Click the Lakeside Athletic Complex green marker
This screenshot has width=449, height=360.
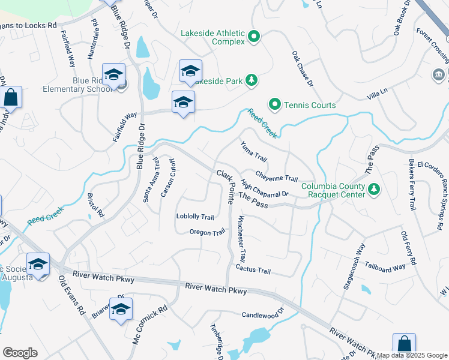254,37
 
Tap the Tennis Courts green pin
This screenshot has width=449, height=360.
275,105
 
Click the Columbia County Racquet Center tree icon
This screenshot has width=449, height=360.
375,190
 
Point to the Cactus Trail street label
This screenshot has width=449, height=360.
253,269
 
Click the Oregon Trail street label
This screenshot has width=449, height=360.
207,232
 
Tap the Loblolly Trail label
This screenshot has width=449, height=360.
195,217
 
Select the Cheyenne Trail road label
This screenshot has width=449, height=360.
277,178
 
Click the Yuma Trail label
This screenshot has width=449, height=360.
253,151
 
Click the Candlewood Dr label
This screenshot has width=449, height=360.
262,315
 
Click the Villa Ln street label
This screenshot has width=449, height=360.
376,95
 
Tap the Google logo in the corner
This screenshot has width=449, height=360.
20,353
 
